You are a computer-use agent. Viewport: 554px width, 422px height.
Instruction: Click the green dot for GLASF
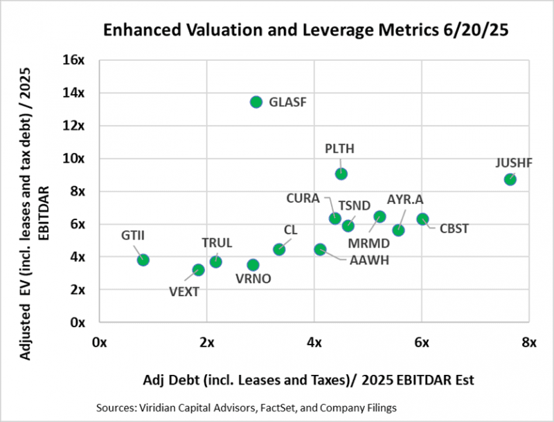pyautogui.click(x=256, y=102)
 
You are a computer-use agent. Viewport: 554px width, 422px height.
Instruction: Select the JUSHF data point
pyautogui.click(x=510, y=179)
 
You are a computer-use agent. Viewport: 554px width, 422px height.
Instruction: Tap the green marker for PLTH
pyautogui.click(x=341, y=174)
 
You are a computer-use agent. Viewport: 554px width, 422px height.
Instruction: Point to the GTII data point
pyautogui.click(x=143, y=259)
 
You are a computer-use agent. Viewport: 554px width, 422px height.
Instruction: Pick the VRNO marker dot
pyautogui.click(x=253, y=265)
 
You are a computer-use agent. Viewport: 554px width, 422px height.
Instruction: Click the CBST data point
pyautogui.click(x=422, y=219)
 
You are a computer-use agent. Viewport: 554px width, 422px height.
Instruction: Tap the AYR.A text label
pyautogui.click(x=405, y=199)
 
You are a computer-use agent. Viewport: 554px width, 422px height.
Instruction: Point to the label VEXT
pyautogui.click(x=184, y=291)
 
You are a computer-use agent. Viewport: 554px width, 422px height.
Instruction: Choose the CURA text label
pyautogui.click(x=303, y=199)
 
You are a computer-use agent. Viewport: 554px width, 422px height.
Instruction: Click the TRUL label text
pyautogui.click(x=217, y=243)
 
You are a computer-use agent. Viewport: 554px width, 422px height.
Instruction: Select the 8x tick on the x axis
pyautogui.click(x=529, y=342)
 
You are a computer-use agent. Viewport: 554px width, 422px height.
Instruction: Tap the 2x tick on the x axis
pyautogui.click(x=206, y=342)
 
